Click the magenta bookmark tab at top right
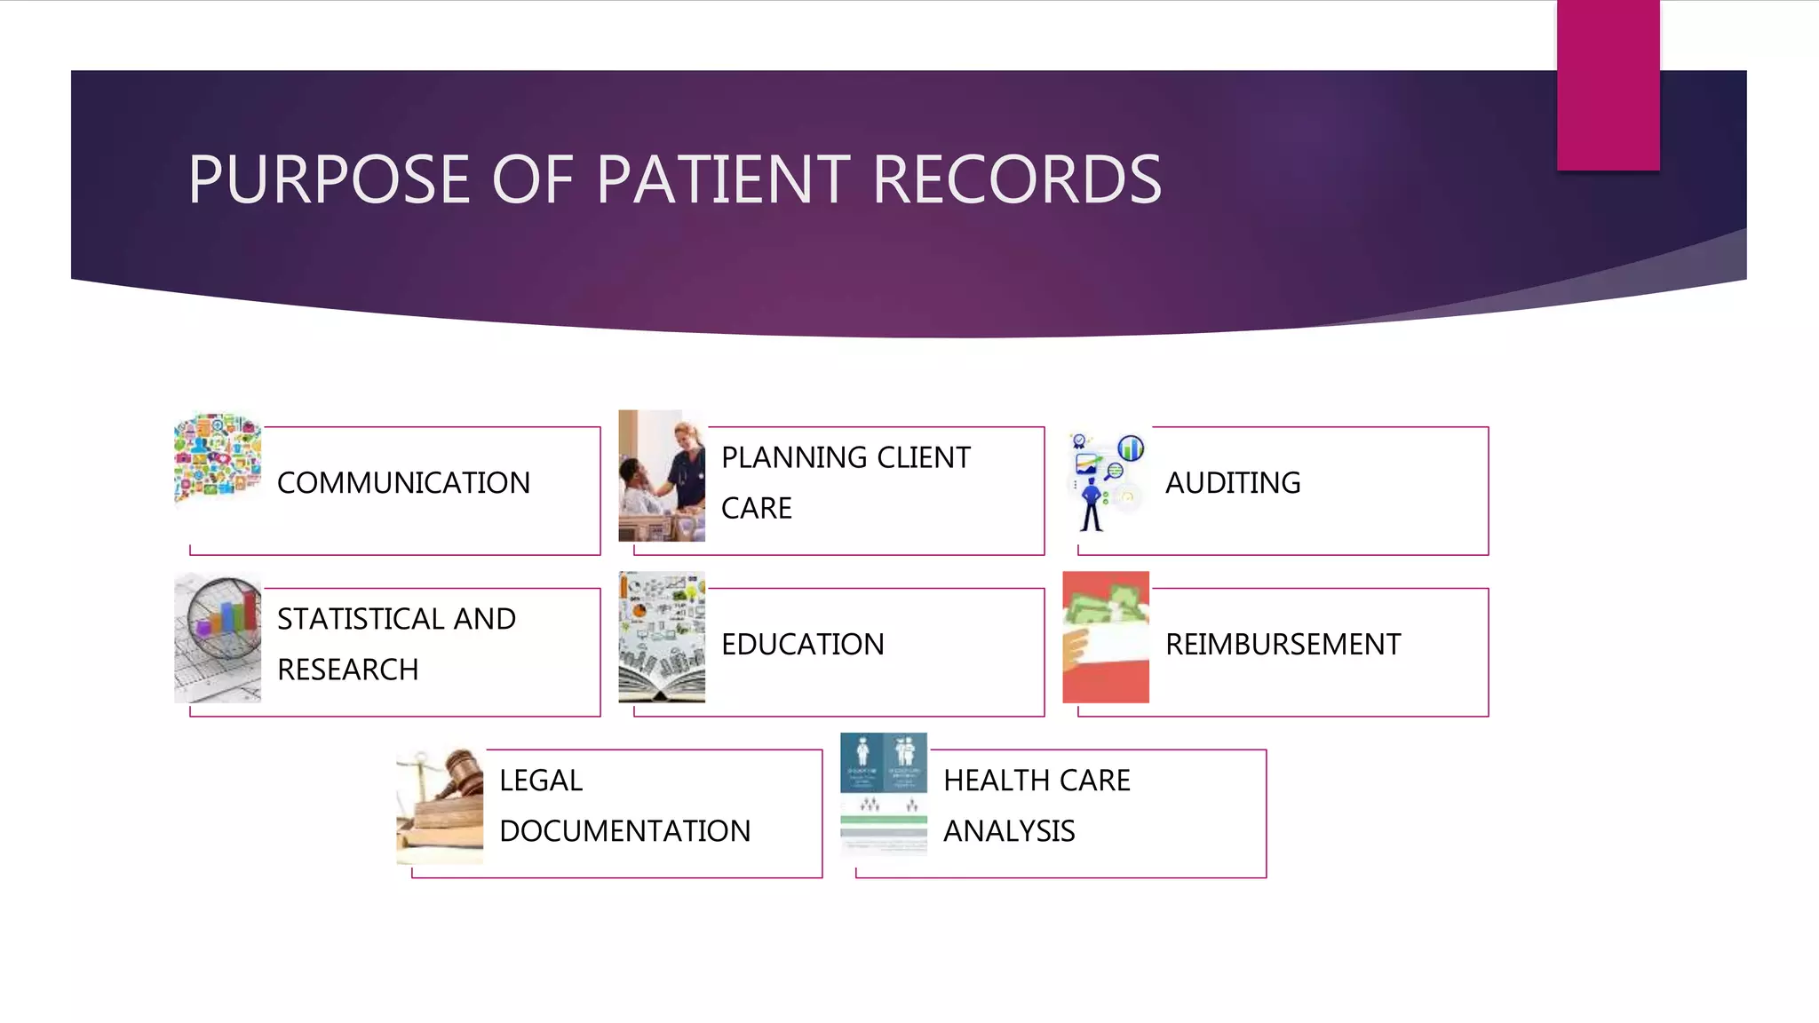point(1608,85)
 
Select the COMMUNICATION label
point(403,483)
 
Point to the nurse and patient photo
point(662,475)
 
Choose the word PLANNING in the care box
point(795,457)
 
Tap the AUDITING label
point(1233,483)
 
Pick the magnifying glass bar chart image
point(218,637)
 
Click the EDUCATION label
point(802,645)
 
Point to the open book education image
point(662,637)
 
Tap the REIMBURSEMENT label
point(1283,645)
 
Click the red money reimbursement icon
point(1106,637)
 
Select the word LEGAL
point(541,781)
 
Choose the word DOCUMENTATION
point(624,831)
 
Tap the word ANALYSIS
point(1009,831)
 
